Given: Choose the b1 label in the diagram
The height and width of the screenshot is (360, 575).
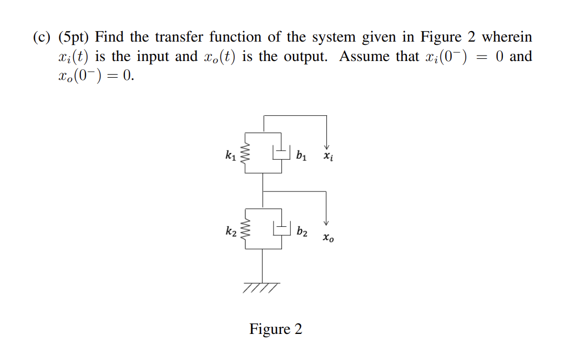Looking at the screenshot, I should tap(301, 155).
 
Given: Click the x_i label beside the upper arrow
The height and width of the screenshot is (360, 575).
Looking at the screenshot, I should tap(329, 157).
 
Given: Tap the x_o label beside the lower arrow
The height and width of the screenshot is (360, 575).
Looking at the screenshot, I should tap(329, 238).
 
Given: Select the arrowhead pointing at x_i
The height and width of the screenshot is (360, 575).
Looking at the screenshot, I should tap(326, 146).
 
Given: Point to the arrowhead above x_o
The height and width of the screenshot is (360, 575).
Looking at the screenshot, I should tap(326, 221).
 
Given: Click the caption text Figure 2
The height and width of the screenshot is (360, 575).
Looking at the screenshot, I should tap(276, 329).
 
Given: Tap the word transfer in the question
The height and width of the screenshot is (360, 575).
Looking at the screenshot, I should tap(178, 37).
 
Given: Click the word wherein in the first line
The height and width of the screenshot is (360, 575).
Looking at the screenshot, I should tap(506, 37).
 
